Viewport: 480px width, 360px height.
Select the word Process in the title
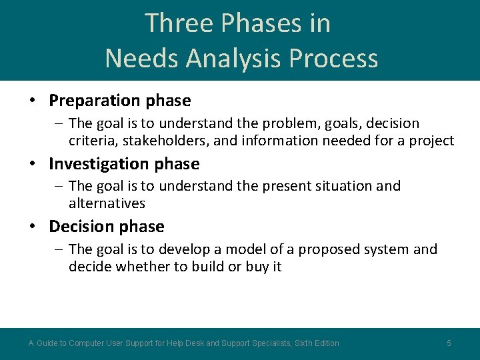tap(339, 59)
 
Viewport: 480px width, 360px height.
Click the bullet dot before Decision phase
tap(32, 227)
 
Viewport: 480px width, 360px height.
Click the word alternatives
tap(107, 203)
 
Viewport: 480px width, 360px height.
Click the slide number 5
tap(449, 343)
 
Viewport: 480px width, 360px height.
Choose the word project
tap(433, 141)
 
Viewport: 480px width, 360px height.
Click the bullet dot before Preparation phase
tap(32, 101)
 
